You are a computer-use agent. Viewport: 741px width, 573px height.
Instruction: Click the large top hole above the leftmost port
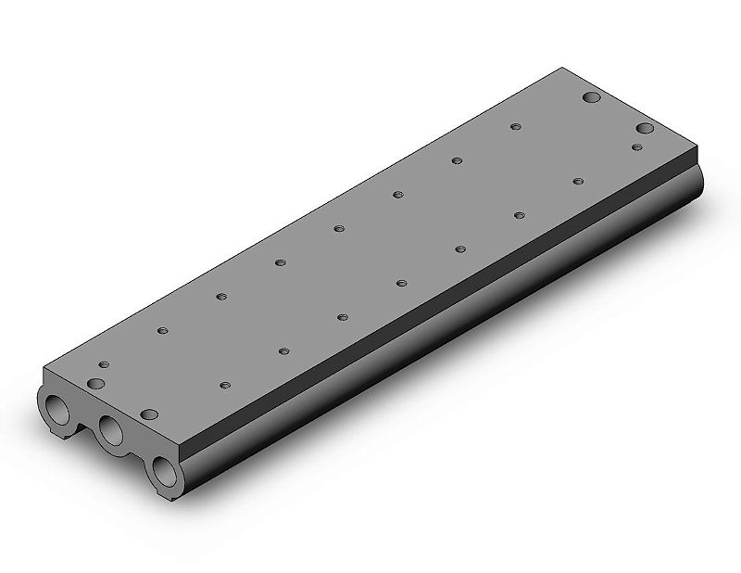[95, 383]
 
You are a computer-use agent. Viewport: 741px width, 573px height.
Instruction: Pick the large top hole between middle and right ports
[148, 415]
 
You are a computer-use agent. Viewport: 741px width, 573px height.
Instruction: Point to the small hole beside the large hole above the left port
[104, 365]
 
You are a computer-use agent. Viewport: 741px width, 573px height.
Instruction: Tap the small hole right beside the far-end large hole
[637, 146]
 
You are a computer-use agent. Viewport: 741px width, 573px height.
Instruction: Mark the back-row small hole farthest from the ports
[515, 126]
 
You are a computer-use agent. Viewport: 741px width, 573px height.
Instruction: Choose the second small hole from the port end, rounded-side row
[283, 350]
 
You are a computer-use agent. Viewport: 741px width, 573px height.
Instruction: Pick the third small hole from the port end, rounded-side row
[342, 316]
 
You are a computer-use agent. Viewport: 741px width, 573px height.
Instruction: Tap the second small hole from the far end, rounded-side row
[519, 214]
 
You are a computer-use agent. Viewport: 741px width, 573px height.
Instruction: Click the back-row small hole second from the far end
[456, 160]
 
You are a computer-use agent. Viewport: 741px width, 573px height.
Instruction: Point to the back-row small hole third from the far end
[397, 194]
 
